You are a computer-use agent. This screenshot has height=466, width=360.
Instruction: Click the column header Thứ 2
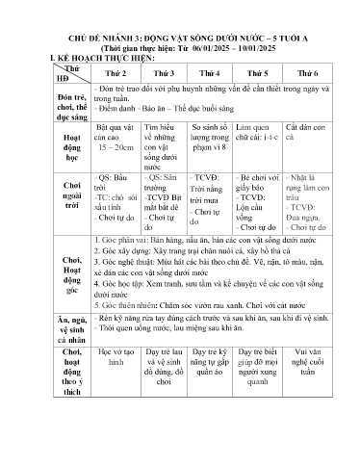116,72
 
